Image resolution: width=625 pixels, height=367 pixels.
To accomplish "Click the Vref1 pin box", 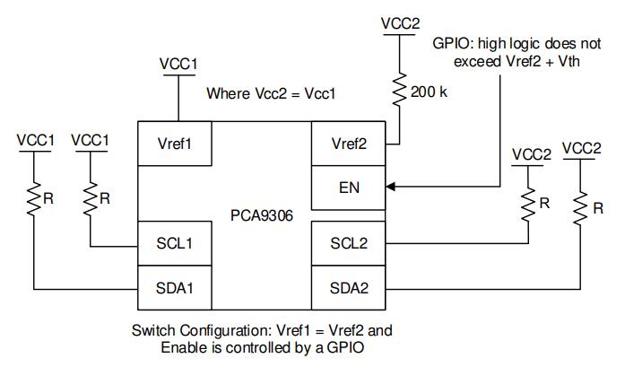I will click(x=176, y=144).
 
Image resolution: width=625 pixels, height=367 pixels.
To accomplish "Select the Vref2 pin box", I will click(x=348, y=144).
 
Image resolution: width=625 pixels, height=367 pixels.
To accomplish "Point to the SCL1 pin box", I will click(x=175, y=242).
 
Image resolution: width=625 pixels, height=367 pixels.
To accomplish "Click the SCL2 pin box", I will click(x=348, y=242).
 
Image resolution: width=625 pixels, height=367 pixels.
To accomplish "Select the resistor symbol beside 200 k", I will click(x=400, y=89).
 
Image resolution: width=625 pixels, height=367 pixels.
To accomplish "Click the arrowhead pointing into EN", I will click(x=391, y=188).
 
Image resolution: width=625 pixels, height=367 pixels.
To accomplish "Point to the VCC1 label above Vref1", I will click(x=178, y=65).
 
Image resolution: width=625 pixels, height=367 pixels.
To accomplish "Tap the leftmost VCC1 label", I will click(x=35, y=141).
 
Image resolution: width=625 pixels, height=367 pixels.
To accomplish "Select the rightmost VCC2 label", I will click(x=581, y=147).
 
